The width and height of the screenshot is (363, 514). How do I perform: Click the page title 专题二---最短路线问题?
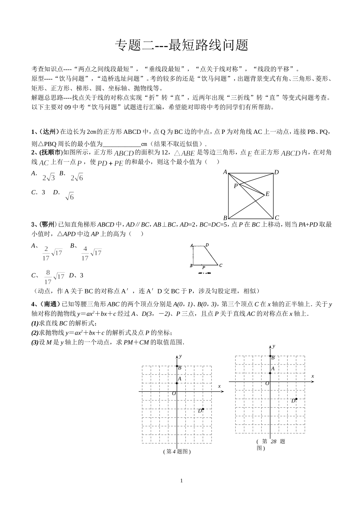[x=181, y=45]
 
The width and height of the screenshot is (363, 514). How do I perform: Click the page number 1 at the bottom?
[x=181, y=481]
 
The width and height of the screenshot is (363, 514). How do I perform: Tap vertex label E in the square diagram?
[x=267, y=194]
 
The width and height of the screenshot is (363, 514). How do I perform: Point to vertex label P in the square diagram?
[x=236, y=186]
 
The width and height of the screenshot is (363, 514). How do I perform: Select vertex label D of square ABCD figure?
[x=277, y=172]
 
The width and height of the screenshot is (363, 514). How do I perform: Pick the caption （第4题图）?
[x=177, y=452]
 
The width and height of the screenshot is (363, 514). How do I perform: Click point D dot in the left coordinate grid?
[x=203, y=409]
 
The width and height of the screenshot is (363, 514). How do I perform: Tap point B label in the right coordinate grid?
[x=273, y=358]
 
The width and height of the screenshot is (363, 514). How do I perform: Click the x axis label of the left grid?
[x=219, y=386]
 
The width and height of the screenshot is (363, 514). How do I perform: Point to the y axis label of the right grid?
[x=274, y=346]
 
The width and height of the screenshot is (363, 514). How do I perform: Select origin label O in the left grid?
[x=174, y=394]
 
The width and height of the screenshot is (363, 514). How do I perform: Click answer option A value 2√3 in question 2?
[x=49, y=177]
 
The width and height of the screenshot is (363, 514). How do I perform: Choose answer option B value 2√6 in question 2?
[x=76, y=177]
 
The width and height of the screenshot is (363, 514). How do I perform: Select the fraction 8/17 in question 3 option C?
[x=48, y=277]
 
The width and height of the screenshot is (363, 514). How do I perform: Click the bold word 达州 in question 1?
[x=50, y=132]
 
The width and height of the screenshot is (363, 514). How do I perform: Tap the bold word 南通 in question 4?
[x=50, y=304]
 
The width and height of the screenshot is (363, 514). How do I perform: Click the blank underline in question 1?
[x=122, y=144]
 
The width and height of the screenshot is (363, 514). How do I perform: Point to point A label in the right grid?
[x=273, y=369]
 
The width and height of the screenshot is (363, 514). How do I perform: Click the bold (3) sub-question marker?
[x=35, y=342]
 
